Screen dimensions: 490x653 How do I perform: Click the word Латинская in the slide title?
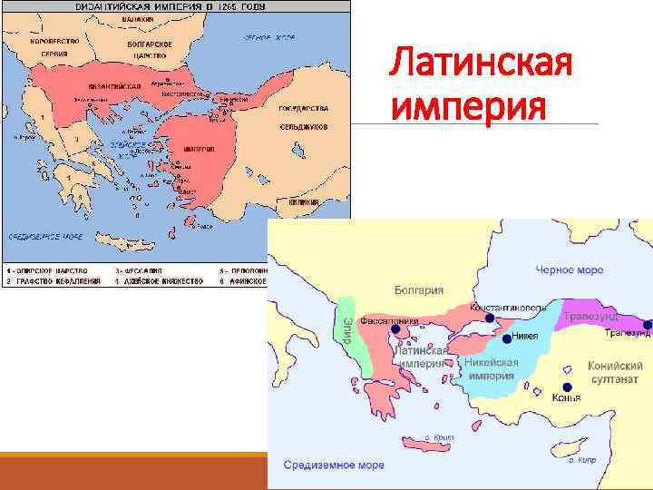click(481, 65)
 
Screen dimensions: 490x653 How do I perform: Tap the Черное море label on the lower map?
click(570, 269)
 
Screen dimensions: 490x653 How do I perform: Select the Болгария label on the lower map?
click(418, 290)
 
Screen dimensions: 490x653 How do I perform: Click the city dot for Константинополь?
click(489, 318)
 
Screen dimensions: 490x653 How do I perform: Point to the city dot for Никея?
click(506, 340)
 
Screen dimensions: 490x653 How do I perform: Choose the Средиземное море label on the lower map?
click(334, 465)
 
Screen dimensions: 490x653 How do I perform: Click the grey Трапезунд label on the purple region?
click(590, 316)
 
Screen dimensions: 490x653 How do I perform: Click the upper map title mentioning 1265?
click(175, 6)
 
